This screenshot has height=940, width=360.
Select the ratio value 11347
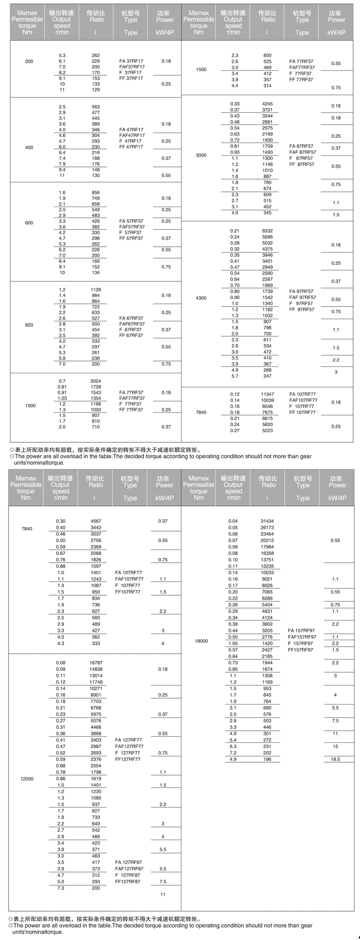point(268,394)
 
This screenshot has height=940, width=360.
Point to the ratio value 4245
point(268,104)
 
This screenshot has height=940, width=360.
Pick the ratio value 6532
point(268,230)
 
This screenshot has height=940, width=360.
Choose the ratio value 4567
point(96,521)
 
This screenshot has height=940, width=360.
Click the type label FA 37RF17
point(131,61)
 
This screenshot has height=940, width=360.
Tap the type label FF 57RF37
point(131,238)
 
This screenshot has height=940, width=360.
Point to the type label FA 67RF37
point(131,318)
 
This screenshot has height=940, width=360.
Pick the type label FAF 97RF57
point(303,297)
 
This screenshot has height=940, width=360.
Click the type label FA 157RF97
point(302,631)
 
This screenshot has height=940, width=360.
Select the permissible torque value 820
point(29,325)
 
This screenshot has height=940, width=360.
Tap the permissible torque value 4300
point(201,298)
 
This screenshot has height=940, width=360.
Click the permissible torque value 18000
point(201,641)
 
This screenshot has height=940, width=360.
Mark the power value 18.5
point(335,759)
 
